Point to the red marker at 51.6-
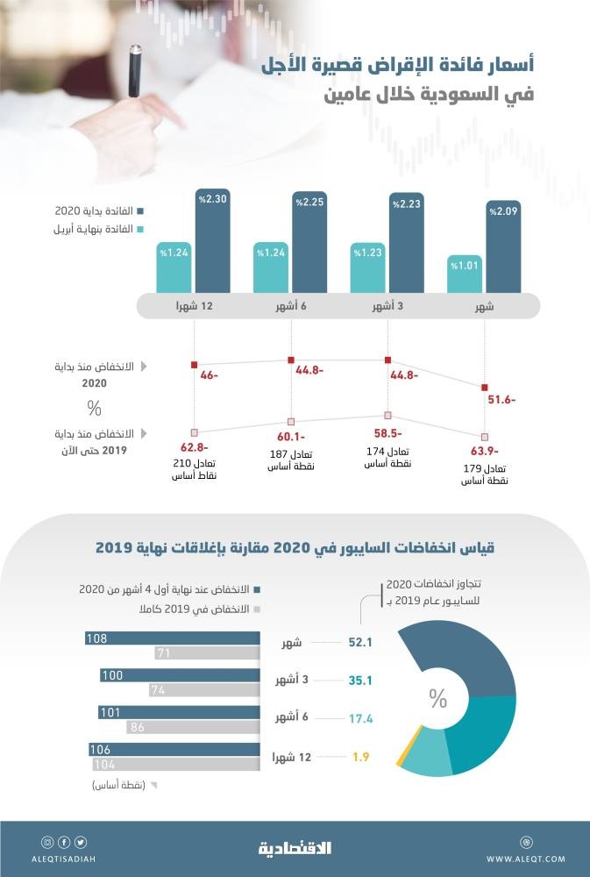pos(484,388)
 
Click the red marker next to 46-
pos(195,364)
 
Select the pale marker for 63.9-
pos(484,437)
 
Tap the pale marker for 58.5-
pos(387,416)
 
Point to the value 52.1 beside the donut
pos(360,643)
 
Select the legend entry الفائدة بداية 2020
pos(97,210)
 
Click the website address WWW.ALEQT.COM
pos(526,859)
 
